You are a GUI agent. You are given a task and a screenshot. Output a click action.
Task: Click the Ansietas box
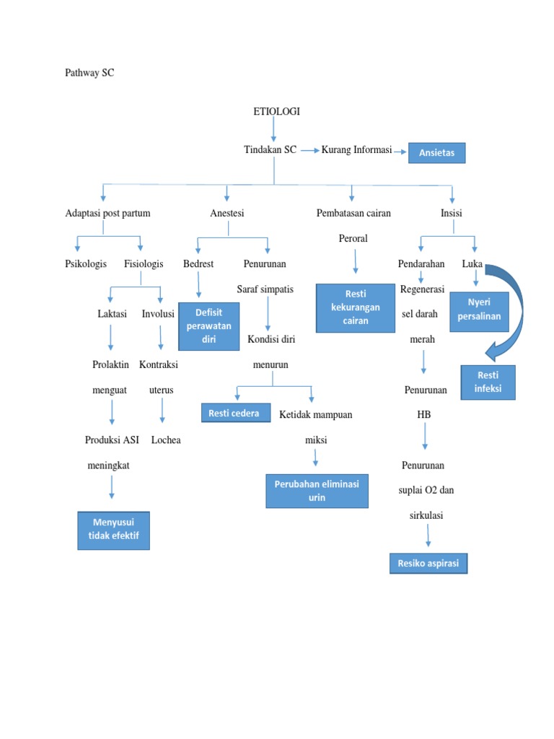pyautogui.click(x=437, y=153)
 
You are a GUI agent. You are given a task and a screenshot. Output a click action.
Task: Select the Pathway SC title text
pyautogui.click(x=89, y=73)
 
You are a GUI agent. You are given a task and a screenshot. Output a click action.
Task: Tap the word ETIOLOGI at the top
pyautogui.click(x=276, y=111)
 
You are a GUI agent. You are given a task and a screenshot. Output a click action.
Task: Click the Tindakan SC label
pyautogui.click(x=271, y=149)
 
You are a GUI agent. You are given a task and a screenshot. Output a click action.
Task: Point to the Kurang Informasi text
pyautogui.click(x=356, y=149)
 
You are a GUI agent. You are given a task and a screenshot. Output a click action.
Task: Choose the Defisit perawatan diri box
pyautogui.click(x=208, y=326)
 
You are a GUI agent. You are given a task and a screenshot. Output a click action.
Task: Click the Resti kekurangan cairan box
pyautogui.click(x=356, y=307)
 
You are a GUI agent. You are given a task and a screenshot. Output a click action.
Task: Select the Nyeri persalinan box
pyautogui.click(x=478, y=311)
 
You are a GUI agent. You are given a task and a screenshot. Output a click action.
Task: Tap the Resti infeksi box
pyautogui.click(x=488, y=382)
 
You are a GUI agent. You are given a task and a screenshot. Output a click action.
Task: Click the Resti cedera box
pyautogui.click(x=235, y=413)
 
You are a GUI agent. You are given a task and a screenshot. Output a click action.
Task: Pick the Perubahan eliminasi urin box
pyautogui.click(x=317, y=491)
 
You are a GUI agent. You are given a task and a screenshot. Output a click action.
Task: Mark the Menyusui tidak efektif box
pyautogui.click(x=114, y=530)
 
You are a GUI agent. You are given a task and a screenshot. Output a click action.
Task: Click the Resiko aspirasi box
pyautogui.click(x=428, y=563)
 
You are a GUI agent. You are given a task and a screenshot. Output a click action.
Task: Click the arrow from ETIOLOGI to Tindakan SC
pyautogui.click(x=273, y=130)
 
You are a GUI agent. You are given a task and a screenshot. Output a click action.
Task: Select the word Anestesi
pyautogui.click(x=227, y=213)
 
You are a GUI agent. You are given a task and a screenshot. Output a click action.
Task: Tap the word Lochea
pyautogui.click(x=166, y=440)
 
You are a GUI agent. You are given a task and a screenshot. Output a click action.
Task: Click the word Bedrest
pyautogui.click(x=198, y=263)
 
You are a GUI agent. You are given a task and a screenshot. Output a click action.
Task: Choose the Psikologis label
pyautogui.click(x=86, y=263)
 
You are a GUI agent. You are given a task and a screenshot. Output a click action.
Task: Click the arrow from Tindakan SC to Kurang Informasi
pyautogui.click(x=309, y=150)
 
